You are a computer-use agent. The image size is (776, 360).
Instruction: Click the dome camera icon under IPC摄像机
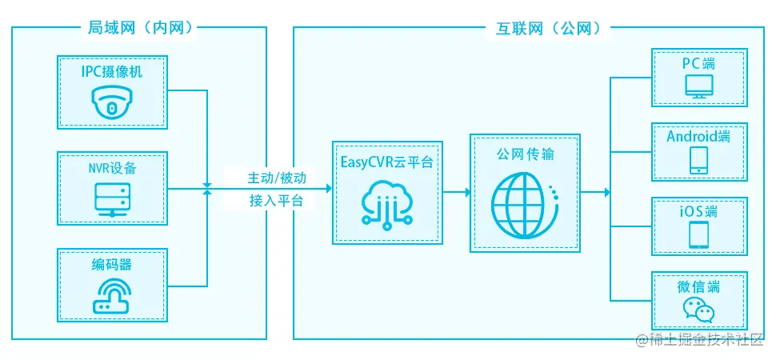tap(112, 102)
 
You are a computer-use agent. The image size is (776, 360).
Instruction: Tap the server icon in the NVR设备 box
tap(112, 197)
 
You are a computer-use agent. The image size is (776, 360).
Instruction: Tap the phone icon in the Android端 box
tap(698, 160)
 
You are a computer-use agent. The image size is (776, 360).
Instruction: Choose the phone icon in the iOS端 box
tap(698, 235)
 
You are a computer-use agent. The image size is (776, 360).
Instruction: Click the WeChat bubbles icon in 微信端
tap(698, 310)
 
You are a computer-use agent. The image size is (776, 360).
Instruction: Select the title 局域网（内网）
tap(139, 29)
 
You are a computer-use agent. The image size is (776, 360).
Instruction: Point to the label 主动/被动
tap(276, 176)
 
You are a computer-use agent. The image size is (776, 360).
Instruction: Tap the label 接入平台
tap(276, 201)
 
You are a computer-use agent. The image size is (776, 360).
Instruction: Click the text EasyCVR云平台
tap(387, 162)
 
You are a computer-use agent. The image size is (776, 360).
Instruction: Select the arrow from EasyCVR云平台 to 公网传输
tap(457, 192)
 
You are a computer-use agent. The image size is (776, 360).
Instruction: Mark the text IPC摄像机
tap(112, 72)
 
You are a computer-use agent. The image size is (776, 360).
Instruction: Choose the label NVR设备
tap(112, 168)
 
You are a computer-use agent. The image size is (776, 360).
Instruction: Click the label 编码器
tap(112, 265)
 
